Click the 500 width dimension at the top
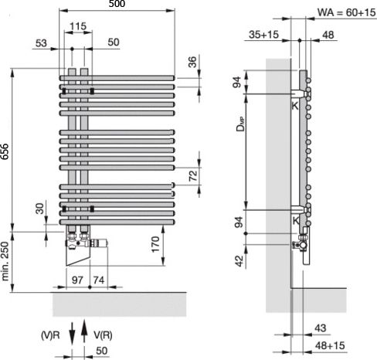click(117, 4)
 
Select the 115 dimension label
click(78, 26)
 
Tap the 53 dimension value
click(41, 43)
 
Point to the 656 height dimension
click(5, 151)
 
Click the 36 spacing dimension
click(192, 62)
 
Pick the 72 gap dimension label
click(193, 175)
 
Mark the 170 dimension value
click(155, 244)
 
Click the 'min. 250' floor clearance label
click(5, 261)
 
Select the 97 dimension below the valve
click(77, 280)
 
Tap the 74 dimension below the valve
click(99, 280)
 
